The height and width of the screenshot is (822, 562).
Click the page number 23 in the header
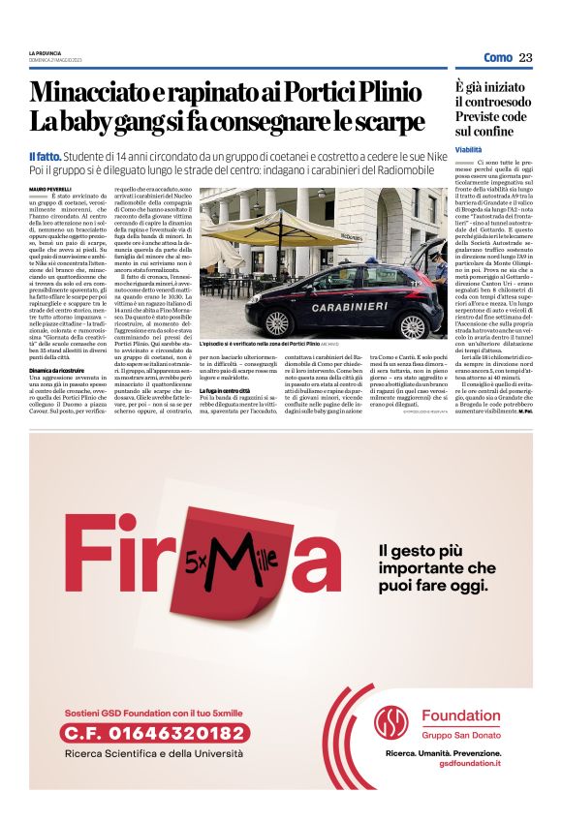[x=525, y=58]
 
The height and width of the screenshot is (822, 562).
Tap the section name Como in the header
[x=498, y=58]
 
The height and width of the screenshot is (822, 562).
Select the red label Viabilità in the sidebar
[x=469, y=150]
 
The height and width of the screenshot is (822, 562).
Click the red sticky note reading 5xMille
[x=233, y=562]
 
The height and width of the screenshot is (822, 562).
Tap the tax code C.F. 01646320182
[x=155, y=734]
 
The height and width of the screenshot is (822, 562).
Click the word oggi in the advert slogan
[x=464, y=588]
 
